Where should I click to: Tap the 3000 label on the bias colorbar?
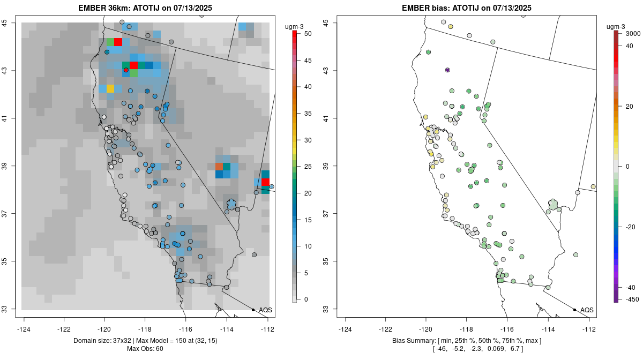pyautogui.click(x=633, y=33)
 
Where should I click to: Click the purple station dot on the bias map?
pyautogui.click(x=447, y=70)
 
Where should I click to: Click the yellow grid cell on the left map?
pyautogui.click(x=110, y=88)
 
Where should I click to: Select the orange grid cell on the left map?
pyautogui.click(x=219, y=167)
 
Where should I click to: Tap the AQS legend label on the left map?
pyautogui.click(x=265, y=310)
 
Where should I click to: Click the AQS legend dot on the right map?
pyautogui.click(x=574, y=310)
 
